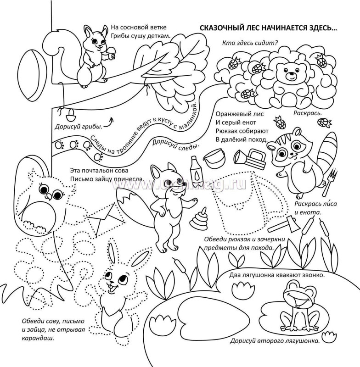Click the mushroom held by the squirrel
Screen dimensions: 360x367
112,53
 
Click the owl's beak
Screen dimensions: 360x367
49,196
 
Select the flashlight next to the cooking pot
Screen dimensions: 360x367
249,159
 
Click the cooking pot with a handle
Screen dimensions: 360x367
214,157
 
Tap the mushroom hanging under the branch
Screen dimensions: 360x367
71,114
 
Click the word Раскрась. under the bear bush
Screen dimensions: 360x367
308,113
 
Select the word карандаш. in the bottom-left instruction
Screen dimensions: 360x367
38,339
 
